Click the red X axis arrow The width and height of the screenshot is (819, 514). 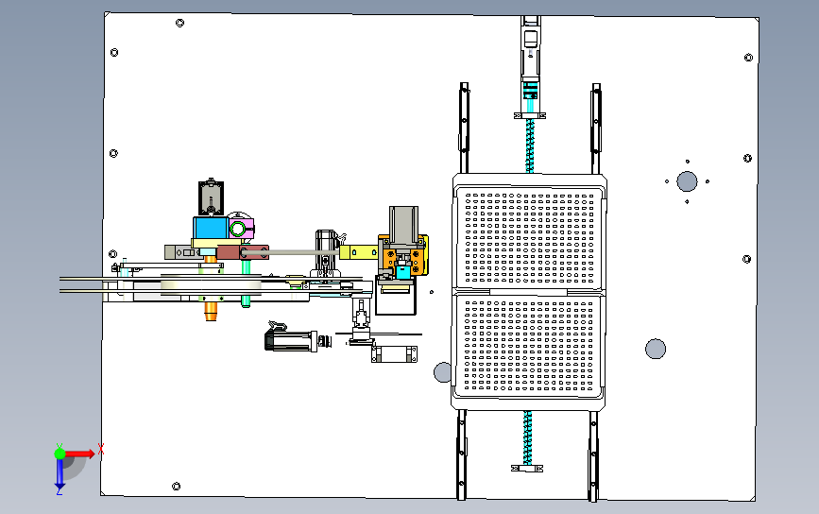pyautogui.click(x=78, y=454)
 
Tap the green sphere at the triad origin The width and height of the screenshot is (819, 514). pyautogui.click(x=60, y=454)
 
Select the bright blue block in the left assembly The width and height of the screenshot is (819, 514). pyautogui.click(x=211, y=229)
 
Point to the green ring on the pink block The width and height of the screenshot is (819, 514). pyautogui.click(x=237, y=229)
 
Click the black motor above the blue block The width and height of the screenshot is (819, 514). pyautogui.click(x=211, y=197)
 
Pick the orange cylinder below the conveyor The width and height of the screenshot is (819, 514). pyautogui.click(x=211, y=311)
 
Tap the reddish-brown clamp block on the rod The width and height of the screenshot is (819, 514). pyautogui.click(x=243, y=253)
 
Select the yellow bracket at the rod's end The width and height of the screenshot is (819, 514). pyautogui.click(x=358, y=253)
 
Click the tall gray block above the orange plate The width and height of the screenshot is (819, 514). pyautogui.click(x=403, y=225)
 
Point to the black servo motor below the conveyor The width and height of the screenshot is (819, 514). pyautogui.click(x=292, y=341)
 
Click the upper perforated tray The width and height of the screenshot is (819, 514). pyautogui.click(x=529, y=238)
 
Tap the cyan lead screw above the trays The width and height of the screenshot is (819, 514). pyautogui.click(x=530, y=146)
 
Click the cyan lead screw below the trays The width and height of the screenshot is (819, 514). pyautogui.click(x=527, y=437)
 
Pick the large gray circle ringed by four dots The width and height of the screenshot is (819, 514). pyautogui.click(x=687, y=181)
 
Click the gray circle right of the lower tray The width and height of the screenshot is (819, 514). pyautogui.click(x=656, y=349)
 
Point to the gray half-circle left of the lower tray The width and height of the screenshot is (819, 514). pyautogui.click(x=443, y=372)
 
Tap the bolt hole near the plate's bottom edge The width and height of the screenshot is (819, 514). pyautogui.click(x=176, y=487)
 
